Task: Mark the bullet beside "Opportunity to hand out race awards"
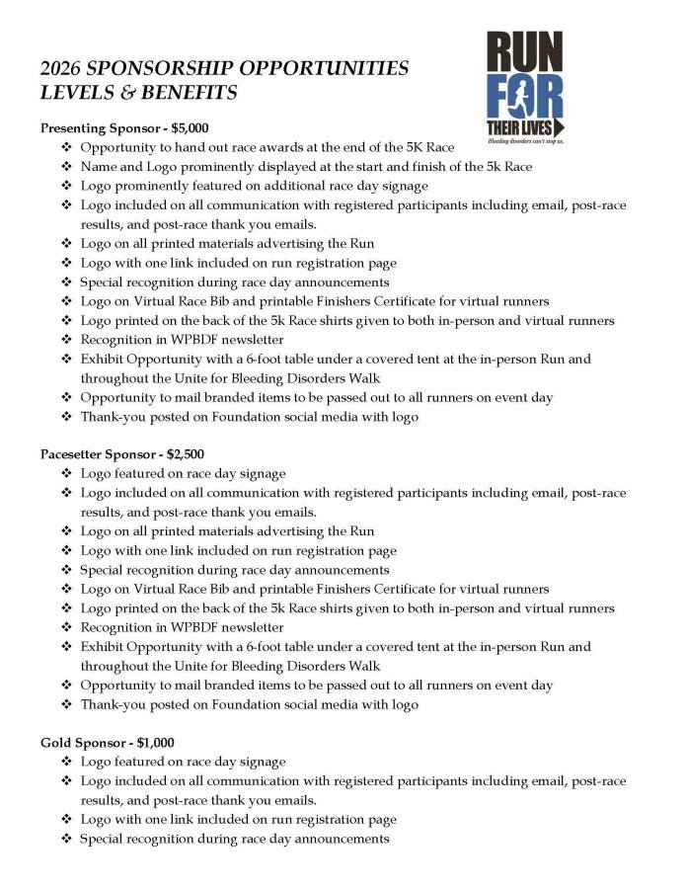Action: click(x=65, y=148)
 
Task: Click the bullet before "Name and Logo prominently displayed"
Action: click(x=65, y=167)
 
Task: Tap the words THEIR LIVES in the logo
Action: click(x=519, y=128)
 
